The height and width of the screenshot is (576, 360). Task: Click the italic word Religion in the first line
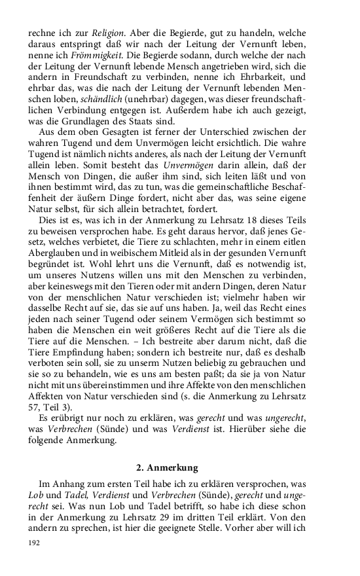(91, 32)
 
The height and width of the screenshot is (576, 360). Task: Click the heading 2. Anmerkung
(169, 468)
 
